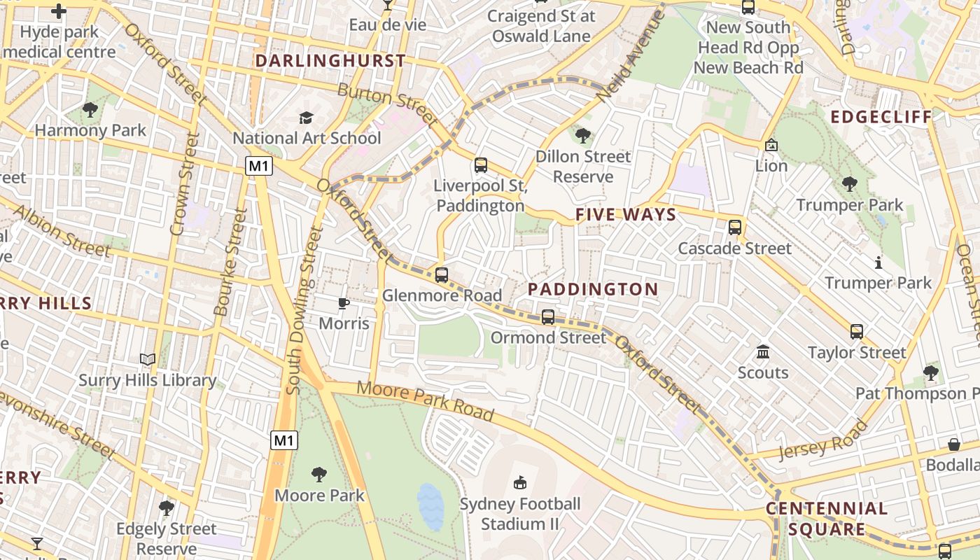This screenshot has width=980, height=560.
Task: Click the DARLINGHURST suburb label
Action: (330, 61)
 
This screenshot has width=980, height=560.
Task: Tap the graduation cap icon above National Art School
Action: (306, 118)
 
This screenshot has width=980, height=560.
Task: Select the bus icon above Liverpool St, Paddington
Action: (480, 165)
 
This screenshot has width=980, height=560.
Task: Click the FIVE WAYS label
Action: (626, 215)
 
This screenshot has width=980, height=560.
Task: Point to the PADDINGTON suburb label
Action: (593, 289)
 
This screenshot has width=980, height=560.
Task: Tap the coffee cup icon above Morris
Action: (343, 303)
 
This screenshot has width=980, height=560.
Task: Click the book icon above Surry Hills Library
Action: (147, 360)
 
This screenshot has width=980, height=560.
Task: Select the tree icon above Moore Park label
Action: (319, 475)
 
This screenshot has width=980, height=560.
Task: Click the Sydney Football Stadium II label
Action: (520, 514)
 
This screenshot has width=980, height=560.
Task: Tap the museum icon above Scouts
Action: (763, 351)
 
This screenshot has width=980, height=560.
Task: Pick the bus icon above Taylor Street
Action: (857, 332)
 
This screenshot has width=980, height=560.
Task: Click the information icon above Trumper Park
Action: (878, 262)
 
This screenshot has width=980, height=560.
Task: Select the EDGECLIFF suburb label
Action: (881, 117)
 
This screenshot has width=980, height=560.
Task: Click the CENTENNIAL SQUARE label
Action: (827, 519)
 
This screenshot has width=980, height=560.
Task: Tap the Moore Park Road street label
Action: (425, 402)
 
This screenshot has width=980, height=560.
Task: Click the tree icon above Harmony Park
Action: (90, 109)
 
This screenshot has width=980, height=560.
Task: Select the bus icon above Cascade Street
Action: (734, 227)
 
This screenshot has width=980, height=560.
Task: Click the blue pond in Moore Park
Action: (430, 506)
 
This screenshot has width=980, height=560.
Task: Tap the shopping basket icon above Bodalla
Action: (953, 444)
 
